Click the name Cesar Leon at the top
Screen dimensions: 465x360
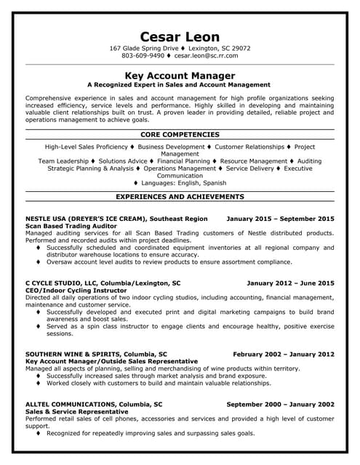[180, 36]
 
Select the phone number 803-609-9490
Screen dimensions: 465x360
[143, 55]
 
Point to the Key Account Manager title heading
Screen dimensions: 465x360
[180, 75]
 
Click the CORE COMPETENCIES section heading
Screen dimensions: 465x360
[180, 134]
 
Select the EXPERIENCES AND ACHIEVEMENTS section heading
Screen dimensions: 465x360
[180, 196]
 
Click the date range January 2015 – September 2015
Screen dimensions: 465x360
[280, 218]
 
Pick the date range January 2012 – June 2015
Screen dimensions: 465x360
[290, 282]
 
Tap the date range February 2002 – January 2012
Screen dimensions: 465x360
[284, 354]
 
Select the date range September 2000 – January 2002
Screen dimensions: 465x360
[280, 404]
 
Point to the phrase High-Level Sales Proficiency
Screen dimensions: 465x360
[86, 146]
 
